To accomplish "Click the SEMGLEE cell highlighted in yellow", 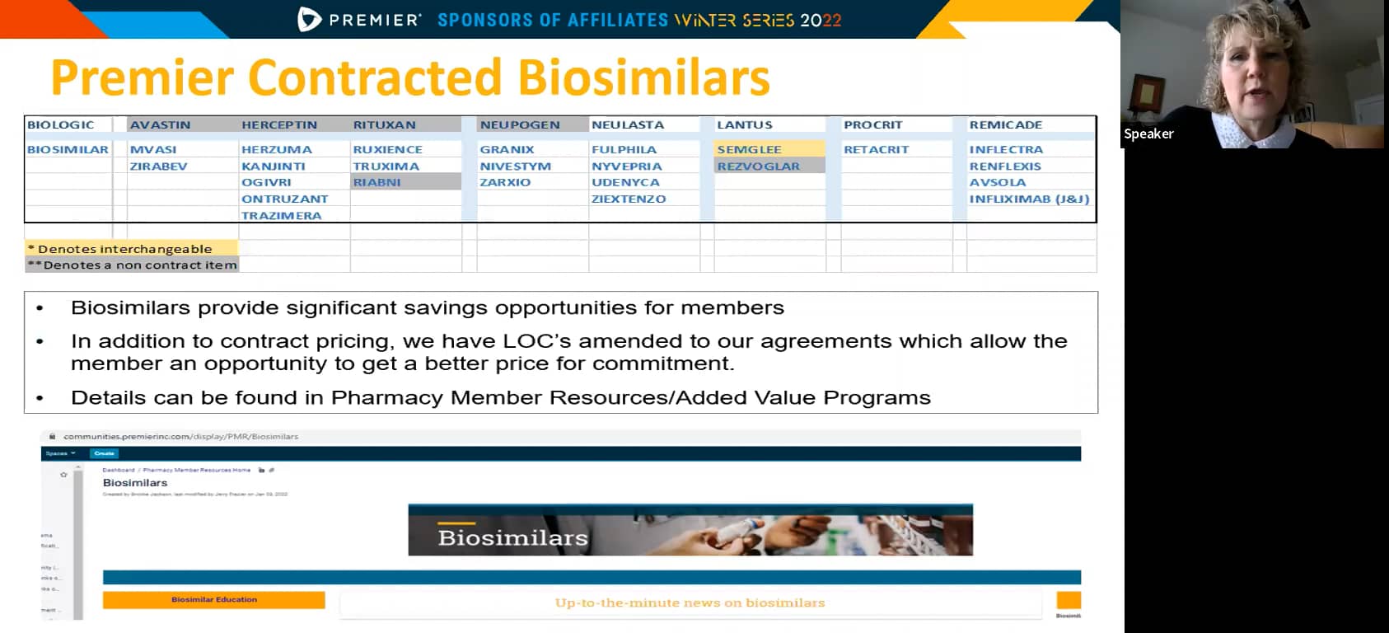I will pyautogui.click(x=749, y=149).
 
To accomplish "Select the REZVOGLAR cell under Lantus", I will pyautogui.click(x=758, y=166).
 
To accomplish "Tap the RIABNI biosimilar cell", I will pyautogui.click(x=377, y=182).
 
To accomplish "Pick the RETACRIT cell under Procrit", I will pyautogui.click(x=876, y=149).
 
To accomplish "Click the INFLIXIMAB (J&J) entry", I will pyautogui.click(x=1029, y=199).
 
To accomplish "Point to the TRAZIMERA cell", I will pyautogui.click(x=281, y=215).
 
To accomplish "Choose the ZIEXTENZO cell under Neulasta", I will pyautogui.click(x=629, y=199).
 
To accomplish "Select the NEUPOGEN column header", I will pyautogui.click(x=520, y=124).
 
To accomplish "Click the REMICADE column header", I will pyautogui.click(x=1005, y=124).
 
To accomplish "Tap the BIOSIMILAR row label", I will pyautogui.click(x=68, y=149).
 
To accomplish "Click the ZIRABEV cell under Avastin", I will pyautogui.click(x=158, y=166).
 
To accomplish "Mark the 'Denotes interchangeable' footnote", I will pyautogui.click(x=124, y=248).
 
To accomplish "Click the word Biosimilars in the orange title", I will pyautogui.click(x=643, y=77).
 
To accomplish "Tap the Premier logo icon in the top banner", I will pyautogui.click(x=309, y=19).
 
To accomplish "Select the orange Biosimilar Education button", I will pyautogui.click(x=213, y=599).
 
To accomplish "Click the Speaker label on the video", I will pyautogui.click(x=1148, y=134).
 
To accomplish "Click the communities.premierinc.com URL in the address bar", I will pyautogui.click(x=180, y=436).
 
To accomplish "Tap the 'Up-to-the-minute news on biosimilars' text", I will pyautogui.click(x=690, y=603).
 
